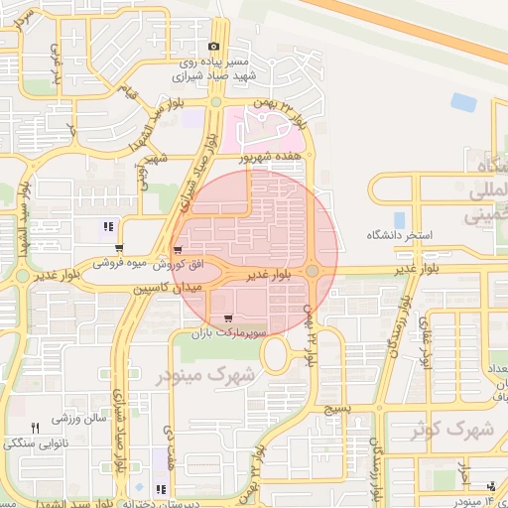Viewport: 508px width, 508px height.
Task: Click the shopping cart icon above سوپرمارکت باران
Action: [229, 318]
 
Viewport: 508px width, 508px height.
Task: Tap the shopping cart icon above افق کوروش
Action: [178, 250]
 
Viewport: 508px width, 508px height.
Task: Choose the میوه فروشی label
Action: [121, 264]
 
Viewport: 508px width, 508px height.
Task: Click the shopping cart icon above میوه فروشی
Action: [120, 249]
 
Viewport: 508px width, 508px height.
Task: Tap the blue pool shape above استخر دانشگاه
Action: [399, 219]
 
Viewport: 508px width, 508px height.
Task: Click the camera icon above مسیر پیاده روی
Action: [213, 47]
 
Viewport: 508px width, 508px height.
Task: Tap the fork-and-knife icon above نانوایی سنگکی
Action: [35, 428]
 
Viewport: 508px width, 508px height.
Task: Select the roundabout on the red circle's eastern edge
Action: [313, 270]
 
